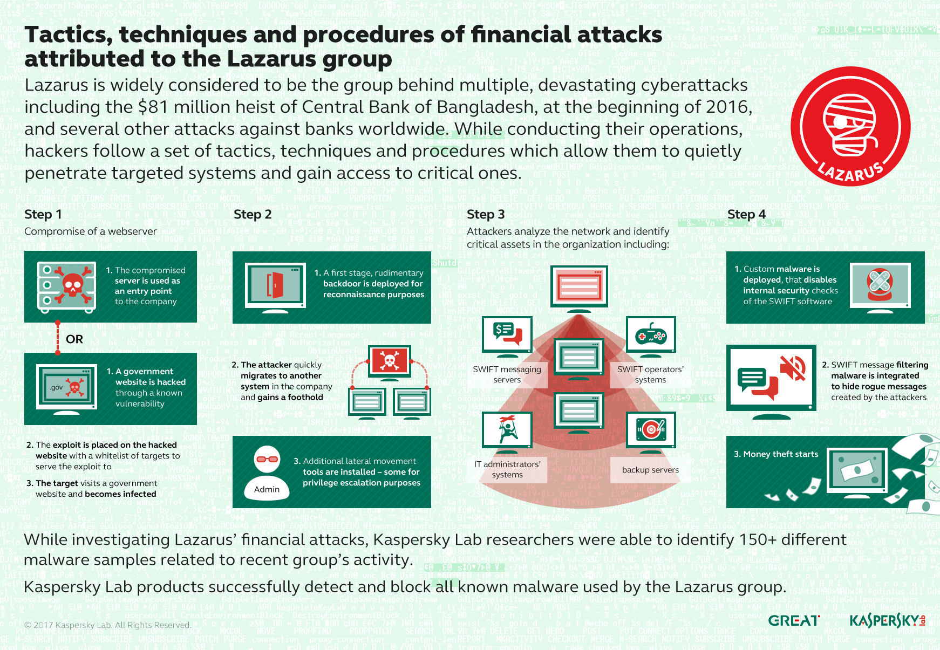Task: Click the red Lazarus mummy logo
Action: click(x=850, y=126)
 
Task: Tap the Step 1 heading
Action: click(x=43, y=214)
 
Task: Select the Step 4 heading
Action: click(x=746, y=214)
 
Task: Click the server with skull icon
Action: click(x=66, y=286)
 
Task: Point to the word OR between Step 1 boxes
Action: click(x=74, y=339)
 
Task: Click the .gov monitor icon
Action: click(x=66, y=387)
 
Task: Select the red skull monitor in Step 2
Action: click(x=389, y=360)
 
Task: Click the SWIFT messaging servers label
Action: click(x=507, y=374)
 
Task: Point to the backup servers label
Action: click(x=650, y=470)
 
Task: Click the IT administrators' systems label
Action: click(x=507, y=469)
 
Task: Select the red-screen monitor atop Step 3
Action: click(x=579, y=286)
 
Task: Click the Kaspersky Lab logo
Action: click(x=887, y=621)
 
